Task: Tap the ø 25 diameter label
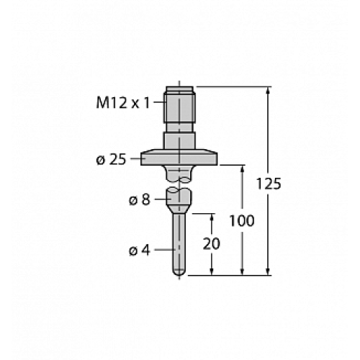[x=111, y=159]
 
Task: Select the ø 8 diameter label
[x=139, y=200]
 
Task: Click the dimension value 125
[x=268, y=184]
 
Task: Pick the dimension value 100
[x=240, y=220]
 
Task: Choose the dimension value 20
[x=212, y=244]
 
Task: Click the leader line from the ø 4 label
[x=162, y=251]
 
